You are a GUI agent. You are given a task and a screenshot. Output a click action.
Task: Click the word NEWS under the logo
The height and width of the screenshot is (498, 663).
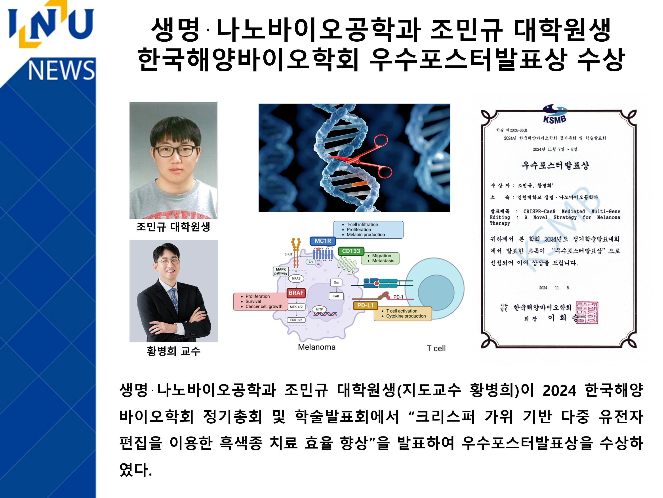61,70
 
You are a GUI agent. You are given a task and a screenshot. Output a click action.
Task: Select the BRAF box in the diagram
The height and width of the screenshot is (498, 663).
296,293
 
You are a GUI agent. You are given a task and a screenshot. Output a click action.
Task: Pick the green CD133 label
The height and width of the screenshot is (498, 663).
351,251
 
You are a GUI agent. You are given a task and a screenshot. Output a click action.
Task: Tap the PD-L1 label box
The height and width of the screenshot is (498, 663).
365,305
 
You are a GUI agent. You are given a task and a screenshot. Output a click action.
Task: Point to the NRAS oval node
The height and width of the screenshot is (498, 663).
296,279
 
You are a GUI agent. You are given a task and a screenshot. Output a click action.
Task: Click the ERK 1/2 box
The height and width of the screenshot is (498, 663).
296,320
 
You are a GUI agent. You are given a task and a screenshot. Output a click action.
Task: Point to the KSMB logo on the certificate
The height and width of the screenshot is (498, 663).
555,114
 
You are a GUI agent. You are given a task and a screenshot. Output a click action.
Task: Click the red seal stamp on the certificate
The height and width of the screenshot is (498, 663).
587,313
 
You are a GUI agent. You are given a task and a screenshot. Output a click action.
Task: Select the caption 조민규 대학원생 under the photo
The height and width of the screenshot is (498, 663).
173,227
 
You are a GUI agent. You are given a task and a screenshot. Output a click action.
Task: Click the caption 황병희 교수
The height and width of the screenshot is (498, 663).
173,351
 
